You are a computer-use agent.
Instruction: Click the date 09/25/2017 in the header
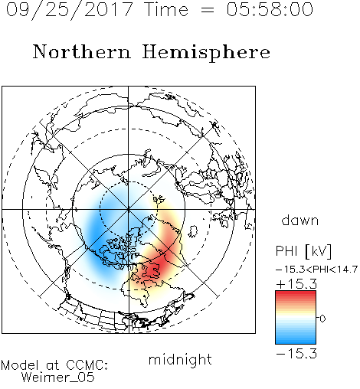tap(70, 9)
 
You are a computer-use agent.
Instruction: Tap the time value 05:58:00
tap(270, 9)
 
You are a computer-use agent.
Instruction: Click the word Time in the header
tap(166, 9)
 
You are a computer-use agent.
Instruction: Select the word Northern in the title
tap(82, 51)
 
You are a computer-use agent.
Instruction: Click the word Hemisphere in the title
tap(206, 53)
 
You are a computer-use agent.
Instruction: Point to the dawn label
tap(300, 220)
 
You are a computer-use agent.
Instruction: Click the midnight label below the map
tap(180, 359)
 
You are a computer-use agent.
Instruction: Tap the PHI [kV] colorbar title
tap(303, 251)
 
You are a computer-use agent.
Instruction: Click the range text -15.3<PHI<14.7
tap(316, 270)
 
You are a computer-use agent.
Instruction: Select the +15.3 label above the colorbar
tap(296, 283)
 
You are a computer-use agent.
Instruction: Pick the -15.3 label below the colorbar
tap(296, 354)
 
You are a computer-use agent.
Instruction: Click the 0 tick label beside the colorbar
tap(322, 319)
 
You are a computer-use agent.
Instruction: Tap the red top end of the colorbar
tap(296, 293)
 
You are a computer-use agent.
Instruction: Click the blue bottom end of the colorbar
tap(296, 342)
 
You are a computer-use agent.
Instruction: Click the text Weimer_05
tap(58, 378)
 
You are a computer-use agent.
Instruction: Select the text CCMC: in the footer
tap(87, 365)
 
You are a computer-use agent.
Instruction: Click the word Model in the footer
tap(20, 365)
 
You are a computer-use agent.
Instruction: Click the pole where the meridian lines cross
tap(129, 210)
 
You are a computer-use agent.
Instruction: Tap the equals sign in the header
tap(208, 10)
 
